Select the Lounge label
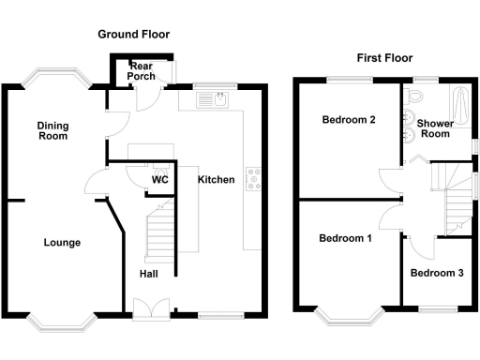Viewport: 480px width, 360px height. pos(62,243)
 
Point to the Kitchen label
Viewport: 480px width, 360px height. pos(216,179)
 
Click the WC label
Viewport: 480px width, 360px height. pos(159,180)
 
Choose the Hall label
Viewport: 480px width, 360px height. pos(149,275)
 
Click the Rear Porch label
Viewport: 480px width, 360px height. pos(142,71)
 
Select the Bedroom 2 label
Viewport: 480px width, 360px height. pos(349,120)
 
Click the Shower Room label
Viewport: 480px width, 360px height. pos(437,128)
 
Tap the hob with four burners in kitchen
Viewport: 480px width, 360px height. pos(253,178)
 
